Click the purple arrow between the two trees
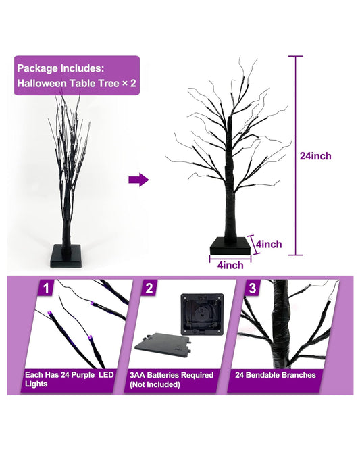[x=138, y=180]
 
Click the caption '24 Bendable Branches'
[x=276, y=375]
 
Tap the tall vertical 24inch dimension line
[x=293, y=156]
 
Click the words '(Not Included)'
[x=157, y=384]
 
